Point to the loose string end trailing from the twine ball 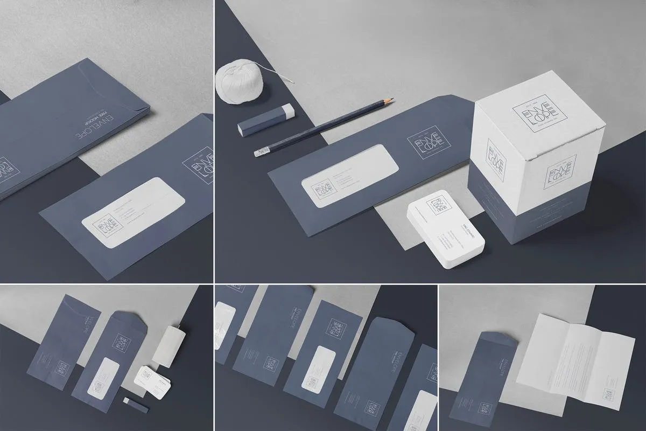(291, 81)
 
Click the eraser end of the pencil (258, 154)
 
